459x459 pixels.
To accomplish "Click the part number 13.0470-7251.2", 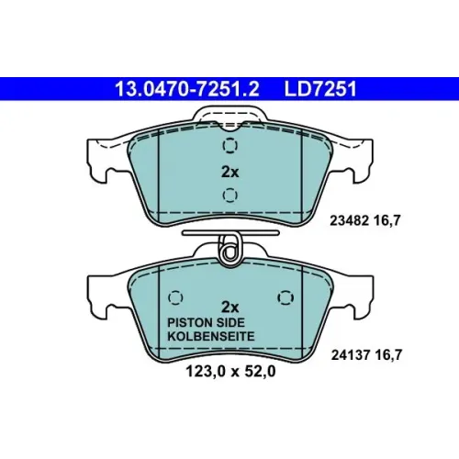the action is [187, 89].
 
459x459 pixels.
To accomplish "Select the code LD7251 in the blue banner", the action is [320, 89].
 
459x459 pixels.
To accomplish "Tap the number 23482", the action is [349, 220].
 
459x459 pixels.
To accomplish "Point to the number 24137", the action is [351, 355].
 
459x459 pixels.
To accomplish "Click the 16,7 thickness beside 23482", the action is [386, 220].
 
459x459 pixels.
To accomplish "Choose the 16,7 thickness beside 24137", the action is [388, 355].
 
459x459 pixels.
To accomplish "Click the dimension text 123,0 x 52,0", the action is [230, 372].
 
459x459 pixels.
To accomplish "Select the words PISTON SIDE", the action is [206, 322].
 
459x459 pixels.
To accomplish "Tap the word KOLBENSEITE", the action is [211, 336].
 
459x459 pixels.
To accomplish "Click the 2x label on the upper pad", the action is [230, 172].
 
